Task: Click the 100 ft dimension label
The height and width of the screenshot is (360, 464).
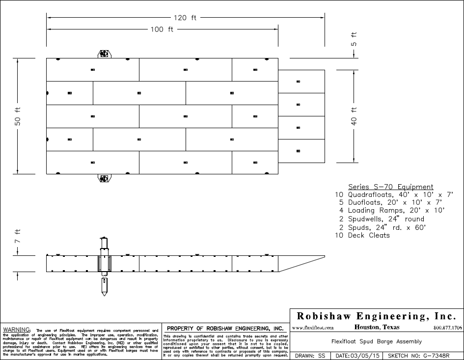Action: [x=162, y=29]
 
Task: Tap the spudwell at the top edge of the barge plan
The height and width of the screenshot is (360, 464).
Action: [x=104, y=54]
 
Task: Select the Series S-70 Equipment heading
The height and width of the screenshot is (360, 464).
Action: [x=390, y=187]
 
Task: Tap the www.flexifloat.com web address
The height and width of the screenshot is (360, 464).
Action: [x=313, y=328]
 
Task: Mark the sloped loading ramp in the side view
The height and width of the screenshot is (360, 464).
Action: [x=302, y=263]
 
